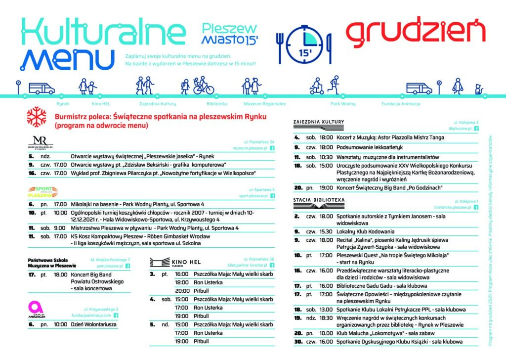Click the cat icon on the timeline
(478, 90)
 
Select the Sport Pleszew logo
(42, 192)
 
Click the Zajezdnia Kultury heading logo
(319, 122)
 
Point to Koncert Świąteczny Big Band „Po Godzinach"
(382, 188)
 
